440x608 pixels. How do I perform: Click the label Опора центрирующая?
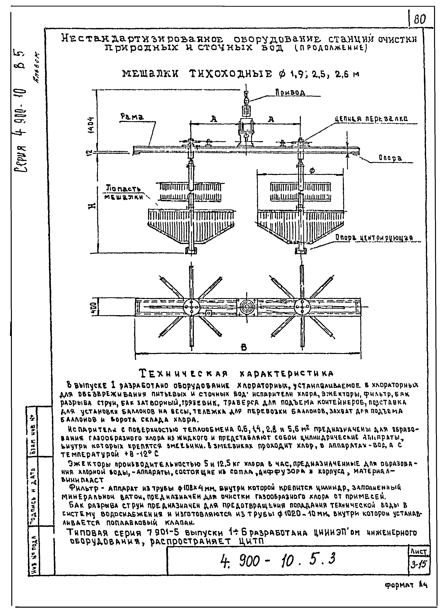[374, 238]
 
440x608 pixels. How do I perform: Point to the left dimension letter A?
[213, 120]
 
